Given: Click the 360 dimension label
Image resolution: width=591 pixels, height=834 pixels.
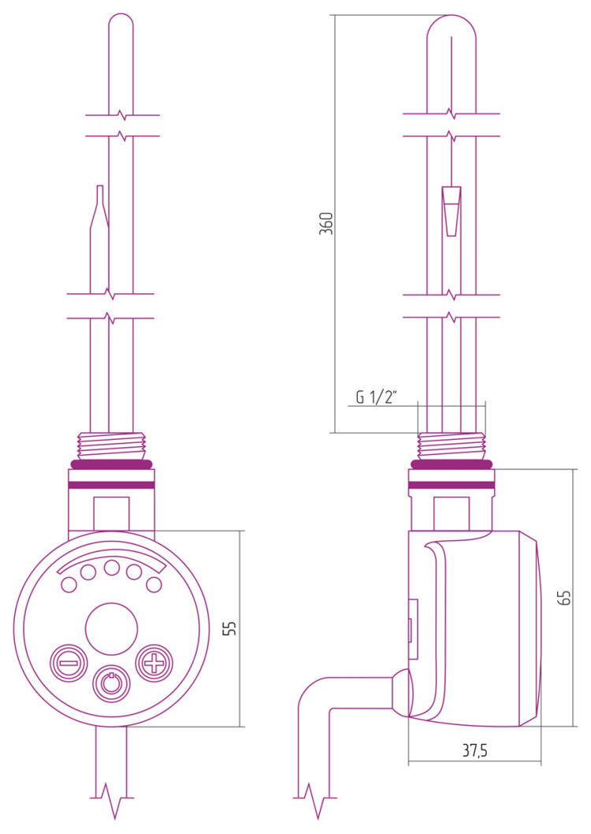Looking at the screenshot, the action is pos(326,223).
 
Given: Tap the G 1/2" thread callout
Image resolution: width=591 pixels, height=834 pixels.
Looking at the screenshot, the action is pos(377,397).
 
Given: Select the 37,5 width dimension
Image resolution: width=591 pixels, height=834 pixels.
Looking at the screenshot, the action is pos(474,750).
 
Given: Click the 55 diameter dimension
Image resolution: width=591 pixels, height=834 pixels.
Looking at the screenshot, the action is pos(229,627).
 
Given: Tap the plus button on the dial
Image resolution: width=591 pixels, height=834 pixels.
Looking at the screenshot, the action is pos(154,663).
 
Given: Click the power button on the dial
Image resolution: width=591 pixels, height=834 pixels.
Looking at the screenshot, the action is pos(111,683).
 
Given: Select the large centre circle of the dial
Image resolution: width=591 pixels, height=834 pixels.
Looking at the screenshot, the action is pos(112,629).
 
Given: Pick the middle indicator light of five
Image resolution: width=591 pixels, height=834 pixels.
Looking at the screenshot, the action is pos(112,568).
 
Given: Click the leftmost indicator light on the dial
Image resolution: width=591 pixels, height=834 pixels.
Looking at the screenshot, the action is pos(69,585).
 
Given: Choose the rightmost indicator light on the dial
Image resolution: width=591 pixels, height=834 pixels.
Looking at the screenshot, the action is pos(154,585).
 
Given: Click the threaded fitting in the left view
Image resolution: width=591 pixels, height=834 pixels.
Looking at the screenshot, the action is pos(111,445).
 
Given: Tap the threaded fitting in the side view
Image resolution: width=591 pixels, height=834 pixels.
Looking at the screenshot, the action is pos(452,445).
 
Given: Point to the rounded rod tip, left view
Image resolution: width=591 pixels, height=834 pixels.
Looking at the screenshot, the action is pos(121,24).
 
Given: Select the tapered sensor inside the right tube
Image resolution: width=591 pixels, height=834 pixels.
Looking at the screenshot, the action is pos(452,211).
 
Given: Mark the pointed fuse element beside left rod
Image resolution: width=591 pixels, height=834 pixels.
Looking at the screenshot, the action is pos(99,207).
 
